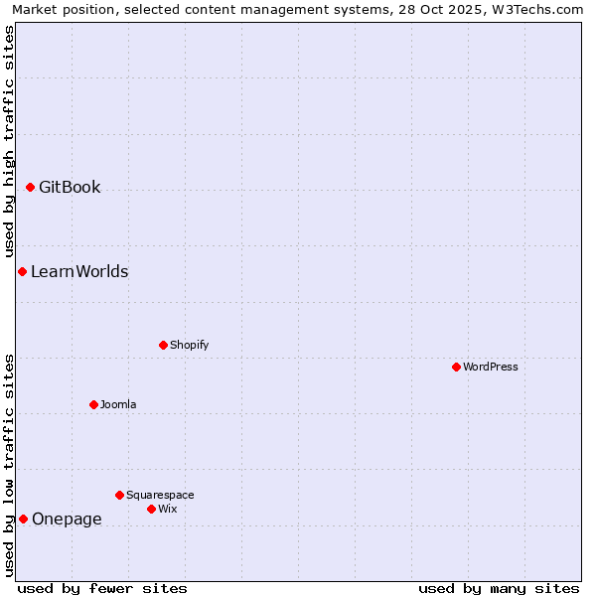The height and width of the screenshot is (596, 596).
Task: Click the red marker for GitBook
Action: pos(30,187)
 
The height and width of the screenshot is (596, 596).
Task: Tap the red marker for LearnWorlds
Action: pos(22,271)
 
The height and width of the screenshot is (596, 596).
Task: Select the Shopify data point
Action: pos(163,345)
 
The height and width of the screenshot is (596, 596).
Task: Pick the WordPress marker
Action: pos(456,367)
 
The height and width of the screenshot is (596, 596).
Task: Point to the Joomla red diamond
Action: pos(93,404)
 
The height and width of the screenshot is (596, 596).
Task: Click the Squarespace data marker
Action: pos(119,495)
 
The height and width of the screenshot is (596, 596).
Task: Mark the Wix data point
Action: pos(151,509)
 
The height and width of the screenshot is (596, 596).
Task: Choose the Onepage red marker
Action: pos(23,519)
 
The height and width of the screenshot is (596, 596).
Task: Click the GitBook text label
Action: pos(70,187)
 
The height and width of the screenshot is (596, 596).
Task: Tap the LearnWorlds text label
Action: pos(79,271)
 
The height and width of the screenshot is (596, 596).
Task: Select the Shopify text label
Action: pos(189,345)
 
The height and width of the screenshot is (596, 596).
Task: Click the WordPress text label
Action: pos(491,367)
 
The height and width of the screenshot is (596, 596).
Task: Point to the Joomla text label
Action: pos(118,404)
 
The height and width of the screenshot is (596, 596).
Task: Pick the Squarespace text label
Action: pos(160,495)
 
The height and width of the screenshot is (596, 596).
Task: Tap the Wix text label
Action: pos(167,509)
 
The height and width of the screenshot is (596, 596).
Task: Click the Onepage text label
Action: pos(67,519)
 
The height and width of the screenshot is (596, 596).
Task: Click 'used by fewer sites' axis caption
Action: pos(102,588)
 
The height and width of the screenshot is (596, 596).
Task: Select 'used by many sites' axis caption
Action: pos(499,588)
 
